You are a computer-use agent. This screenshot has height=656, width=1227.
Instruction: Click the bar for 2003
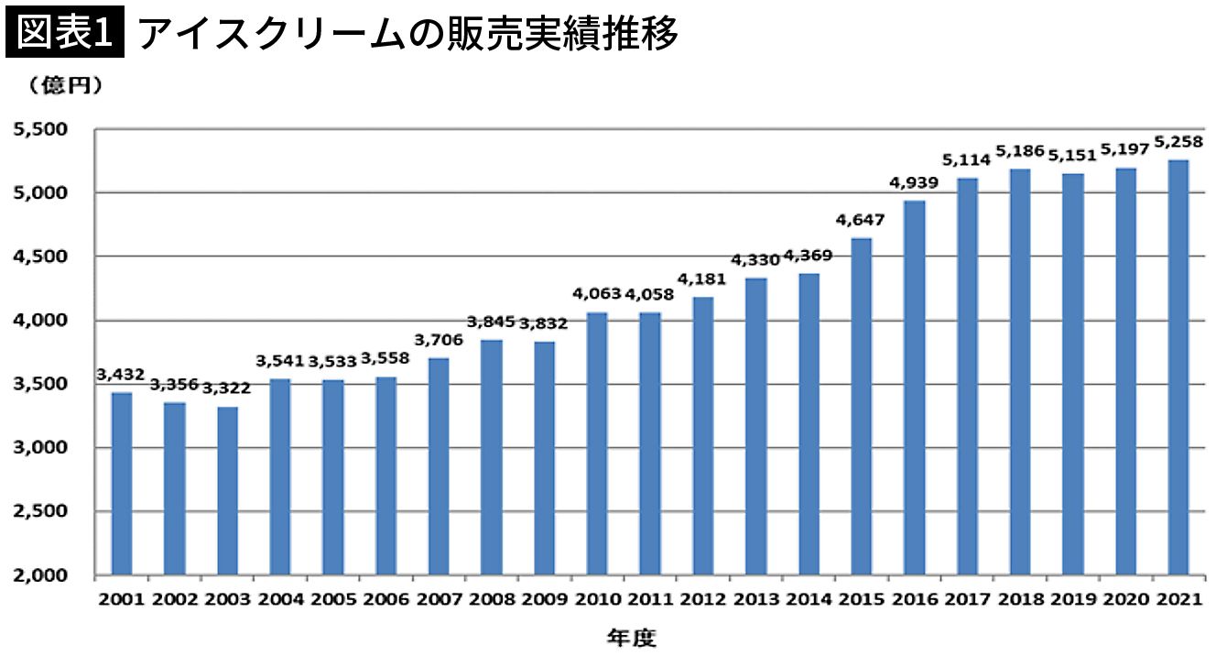pos(227,491)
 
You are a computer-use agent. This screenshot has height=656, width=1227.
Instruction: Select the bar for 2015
pos(862,407)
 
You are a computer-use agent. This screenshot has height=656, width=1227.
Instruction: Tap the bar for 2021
pos(1178,367)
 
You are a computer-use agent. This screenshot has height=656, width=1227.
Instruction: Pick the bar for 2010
pos(597,444)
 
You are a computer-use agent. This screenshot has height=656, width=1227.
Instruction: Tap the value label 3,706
pos(439,341)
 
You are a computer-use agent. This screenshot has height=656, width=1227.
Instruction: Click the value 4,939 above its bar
pos(914,183)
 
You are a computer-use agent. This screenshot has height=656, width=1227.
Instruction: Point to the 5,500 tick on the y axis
pos(42,130)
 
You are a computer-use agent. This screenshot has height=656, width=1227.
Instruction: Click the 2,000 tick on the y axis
pos(42,575)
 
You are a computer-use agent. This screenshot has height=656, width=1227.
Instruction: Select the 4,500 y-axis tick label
pos(42,257)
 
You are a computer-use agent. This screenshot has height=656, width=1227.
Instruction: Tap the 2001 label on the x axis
pos(121,600)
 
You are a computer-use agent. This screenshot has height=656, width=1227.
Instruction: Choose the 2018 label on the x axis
pos(1020,600)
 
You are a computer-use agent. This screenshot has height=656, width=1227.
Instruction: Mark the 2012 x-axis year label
pos(703,600)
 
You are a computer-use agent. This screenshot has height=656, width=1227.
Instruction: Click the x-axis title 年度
pos(631,637)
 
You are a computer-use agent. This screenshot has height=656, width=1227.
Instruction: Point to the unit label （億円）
pos(64,85)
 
